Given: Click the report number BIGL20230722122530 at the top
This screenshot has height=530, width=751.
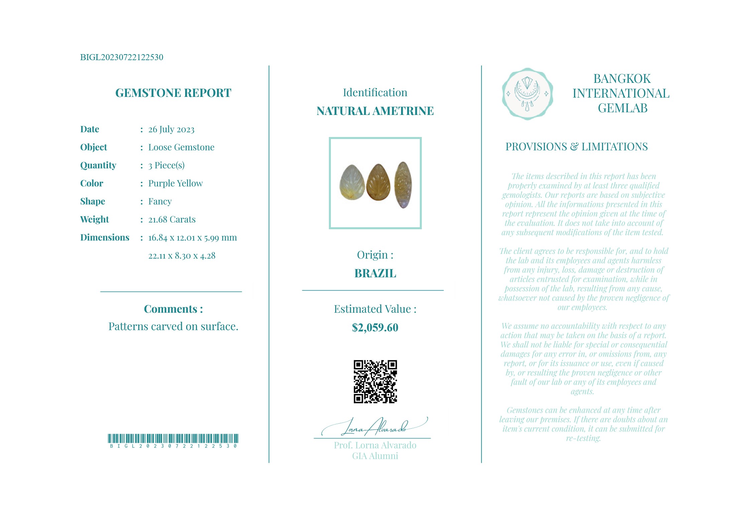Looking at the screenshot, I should click(122, 57).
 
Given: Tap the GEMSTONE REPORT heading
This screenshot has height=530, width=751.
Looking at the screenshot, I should click(173, 93).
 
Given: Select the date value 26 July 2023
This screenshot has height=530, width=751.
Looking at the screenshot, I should click(171, 129).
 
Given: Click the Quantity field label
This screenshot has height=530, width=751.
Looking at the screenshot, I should click(98, 165).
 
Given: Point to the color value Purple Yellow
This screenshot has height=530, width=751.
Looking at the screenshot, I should click(175, 183).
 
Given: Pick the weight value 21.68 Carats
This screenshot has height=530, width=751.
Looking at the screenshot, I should click(172, 220).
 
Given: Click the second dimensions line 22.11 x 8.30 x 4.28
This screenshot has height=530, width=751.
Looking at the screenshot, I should click(182, 256).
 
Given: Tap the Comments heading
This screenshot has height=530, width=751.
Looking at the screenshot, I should click(173, 309).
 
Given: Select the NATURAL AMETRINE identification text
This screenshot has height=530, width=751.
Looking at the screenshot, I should click(375, 111).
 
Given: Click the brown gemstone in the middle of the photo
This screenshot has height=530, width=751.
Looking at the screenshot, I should click(378, 182).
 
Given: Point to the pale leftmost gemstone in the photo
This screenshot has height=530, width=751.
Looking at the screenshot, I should click(352, 182).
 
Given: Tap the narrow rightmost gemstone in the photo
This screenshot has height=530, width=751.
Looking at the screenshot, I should click(403, 185).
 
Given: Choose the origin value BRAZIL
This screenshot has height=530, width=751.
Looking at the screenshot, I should click(375, 273).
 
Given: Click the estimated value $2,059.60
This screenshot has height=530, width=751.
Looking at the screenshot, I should click(375, 327).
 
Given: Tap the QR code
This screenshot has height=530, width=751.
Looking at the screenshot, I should click(375, 381).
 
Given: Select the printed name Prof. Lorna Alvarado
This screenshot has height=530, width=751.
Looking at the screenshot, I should click(375, 445).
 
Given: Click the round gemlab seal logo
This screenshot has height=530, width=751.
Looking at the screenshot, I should click(527, 94).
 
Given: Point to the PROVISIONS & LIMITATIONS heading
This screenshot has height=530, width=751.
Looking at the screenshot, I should click(576, 147).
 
